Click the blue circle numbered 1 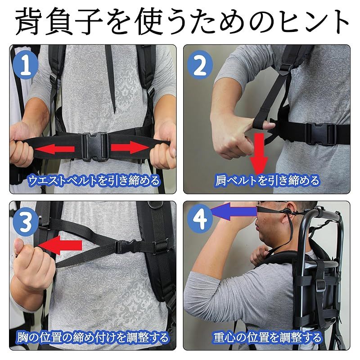point(26,65)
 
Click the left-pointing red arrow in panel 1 point(54,149)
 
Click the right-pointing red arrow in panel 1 point(130,147)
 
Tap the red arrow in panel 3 point(60,245)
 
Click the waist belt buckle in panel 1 point(95,147)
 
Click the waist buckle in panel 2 point(321,134)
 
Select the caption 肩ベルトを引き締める point(267,180)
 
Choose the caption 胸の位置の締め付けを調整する point(93,337)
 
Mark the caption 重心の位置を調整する point(267,337)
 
